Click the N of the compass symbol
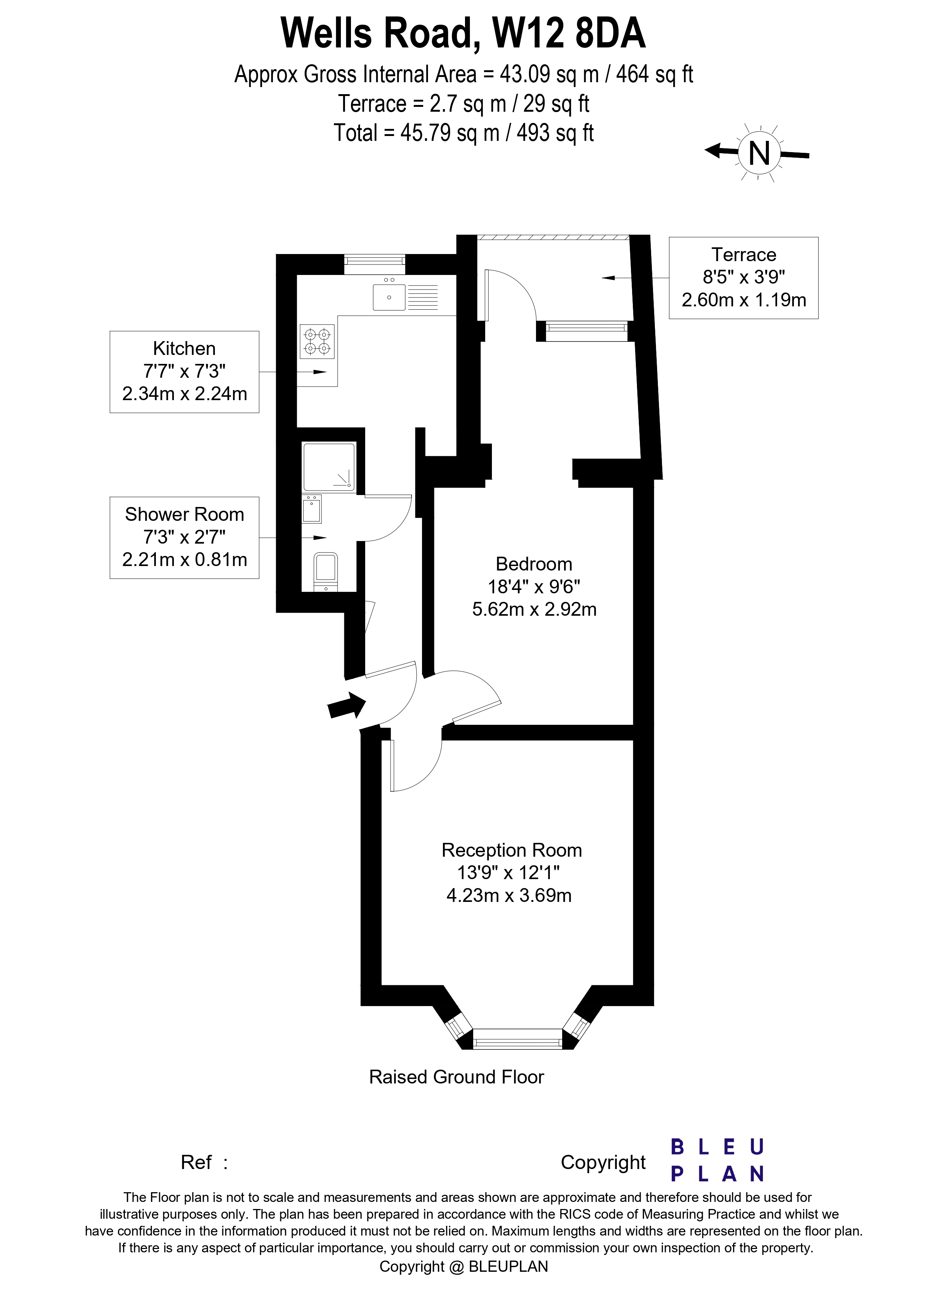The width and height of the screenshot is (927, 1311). [759, 153]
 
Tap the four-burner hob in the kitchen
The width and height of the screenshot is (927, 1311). [317, 341]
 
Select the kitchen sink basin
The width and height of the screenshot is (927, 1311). [389, 297]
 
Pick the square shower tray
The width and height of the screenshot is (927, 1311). [329, 467]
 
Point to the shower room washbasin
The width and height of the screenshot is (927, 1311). [312, 509]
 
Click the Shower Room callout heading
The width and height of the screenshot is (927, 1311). [185, 514]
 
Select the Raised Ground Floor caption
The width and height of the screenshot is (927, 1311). [456, 1077]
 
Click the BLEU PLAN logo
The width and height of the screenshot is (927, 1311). [717, 1161]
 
